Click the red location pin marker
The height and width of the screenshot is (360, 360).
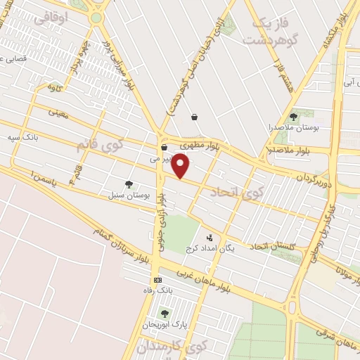[181, 166]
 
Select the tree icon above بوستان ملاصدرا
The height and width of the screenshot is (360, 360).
[293, 116]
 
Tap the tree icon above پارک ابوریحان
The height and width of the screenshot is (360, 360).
[165, 314]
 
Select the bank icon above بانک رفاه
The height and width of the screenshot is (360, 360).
[157, 280]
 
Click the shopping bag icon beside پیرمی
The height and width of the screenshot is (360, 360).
[163, 148]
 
